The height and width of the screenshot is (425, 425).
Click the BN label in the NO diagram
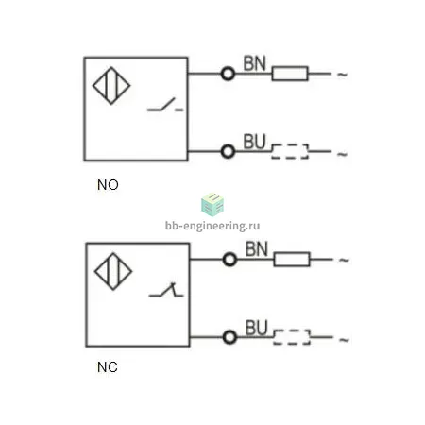click(x=255, y=63)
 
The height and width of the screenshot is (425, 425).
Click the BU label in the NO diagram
click(x=255, y=142)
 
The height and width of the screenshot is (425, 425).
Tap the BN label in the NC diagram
click(x=257, y=249)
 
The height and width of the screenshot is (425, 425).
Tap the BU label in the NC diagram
click(x=257, y=328)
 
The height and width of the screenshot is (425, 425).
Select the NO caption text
click(x=108, y=185)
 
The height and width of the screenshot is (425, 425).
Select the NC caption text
click(x=108, y=367)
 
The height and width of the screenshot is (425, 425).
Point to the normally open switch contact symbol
click(x=165, y=105)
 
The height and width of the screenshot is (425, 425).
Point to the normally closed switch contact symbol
click(x=166, y=290)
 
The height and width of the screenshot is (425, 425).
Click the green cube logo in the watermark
click(x=212, y=205)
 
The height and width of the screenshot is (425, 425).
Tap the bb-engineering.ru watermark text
click(x=212, y=226)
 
